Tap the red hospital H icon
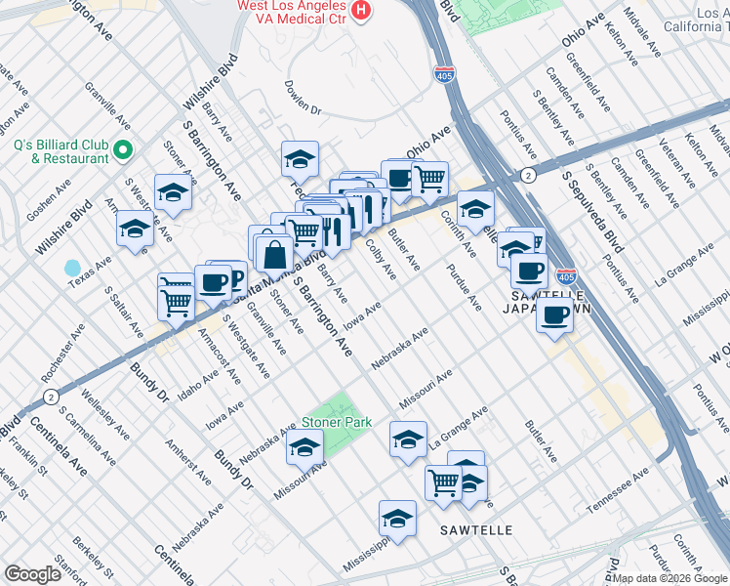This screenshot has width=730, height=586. (x=362, y=11)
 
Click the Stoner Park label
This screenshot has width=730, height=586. (x=325, y=422)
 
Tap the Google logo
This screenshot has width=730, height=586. (x=33, y=573)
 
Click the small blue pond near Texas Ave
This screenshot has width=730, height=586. (x=71, y=268)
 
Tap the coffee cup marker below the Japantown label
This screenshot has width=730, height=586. (x=555, y=315)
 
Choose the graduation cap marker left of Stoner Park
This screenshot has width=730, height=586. (x=304, y=447)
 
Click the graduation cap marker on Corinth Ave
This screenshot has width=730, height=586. (x=475, y=209)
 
